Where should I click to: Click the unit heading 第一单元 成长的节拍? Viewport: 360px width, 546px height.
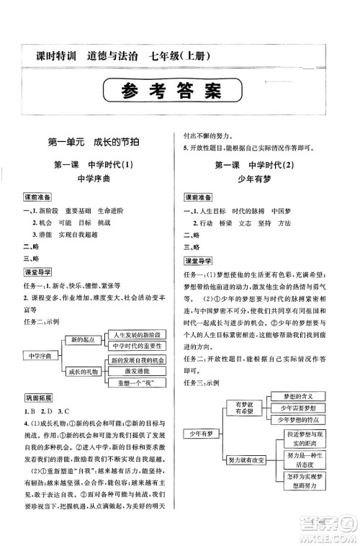[91, 143]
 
